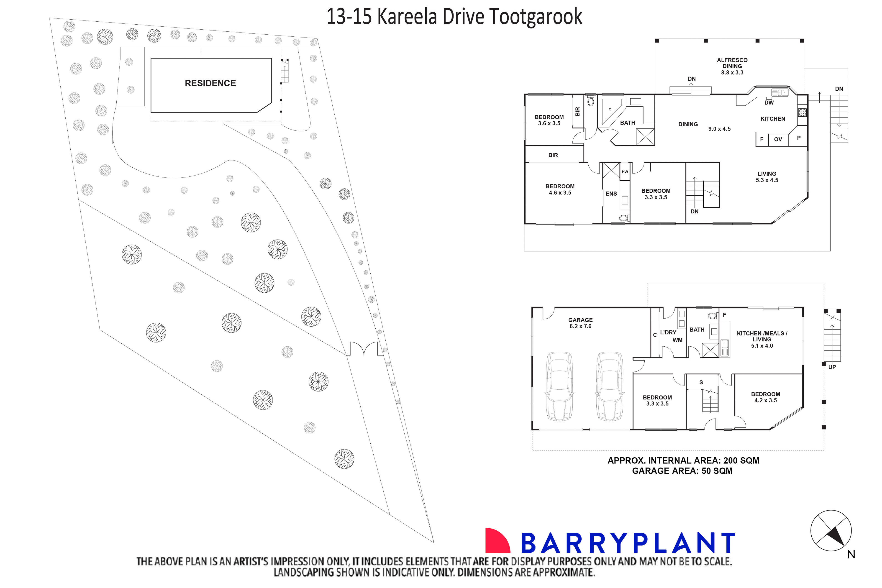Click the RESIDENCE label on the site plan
pyautogui.click(x=210, y=83)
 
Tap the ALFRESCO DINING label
pyautogui.click(x=732, y=66)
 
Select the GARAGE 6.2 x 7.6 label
pyautogui.click(x=580, y=323)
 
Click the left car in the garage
pyautogui.click(x=559, y=386)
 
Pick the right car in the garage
pyautogui.click(x=610, y=386)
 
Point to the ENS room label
pyautogui.click(x=611, y=194)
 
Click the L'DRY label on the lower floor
pyautogui.click(x=668, y=332)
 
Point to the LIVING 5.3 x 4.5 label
pyautogui.click(x=767, y=177)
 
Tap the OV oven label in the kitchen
pyautogui.click(x=778, y=139)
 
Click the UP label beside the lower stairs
pyautogui.click(x=832, y=367)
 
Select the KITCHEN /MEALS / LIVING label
pyautogui.click(x=762, y=339)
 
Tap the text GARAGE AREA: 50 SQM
pyautogui.click(x=682, y=471)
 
